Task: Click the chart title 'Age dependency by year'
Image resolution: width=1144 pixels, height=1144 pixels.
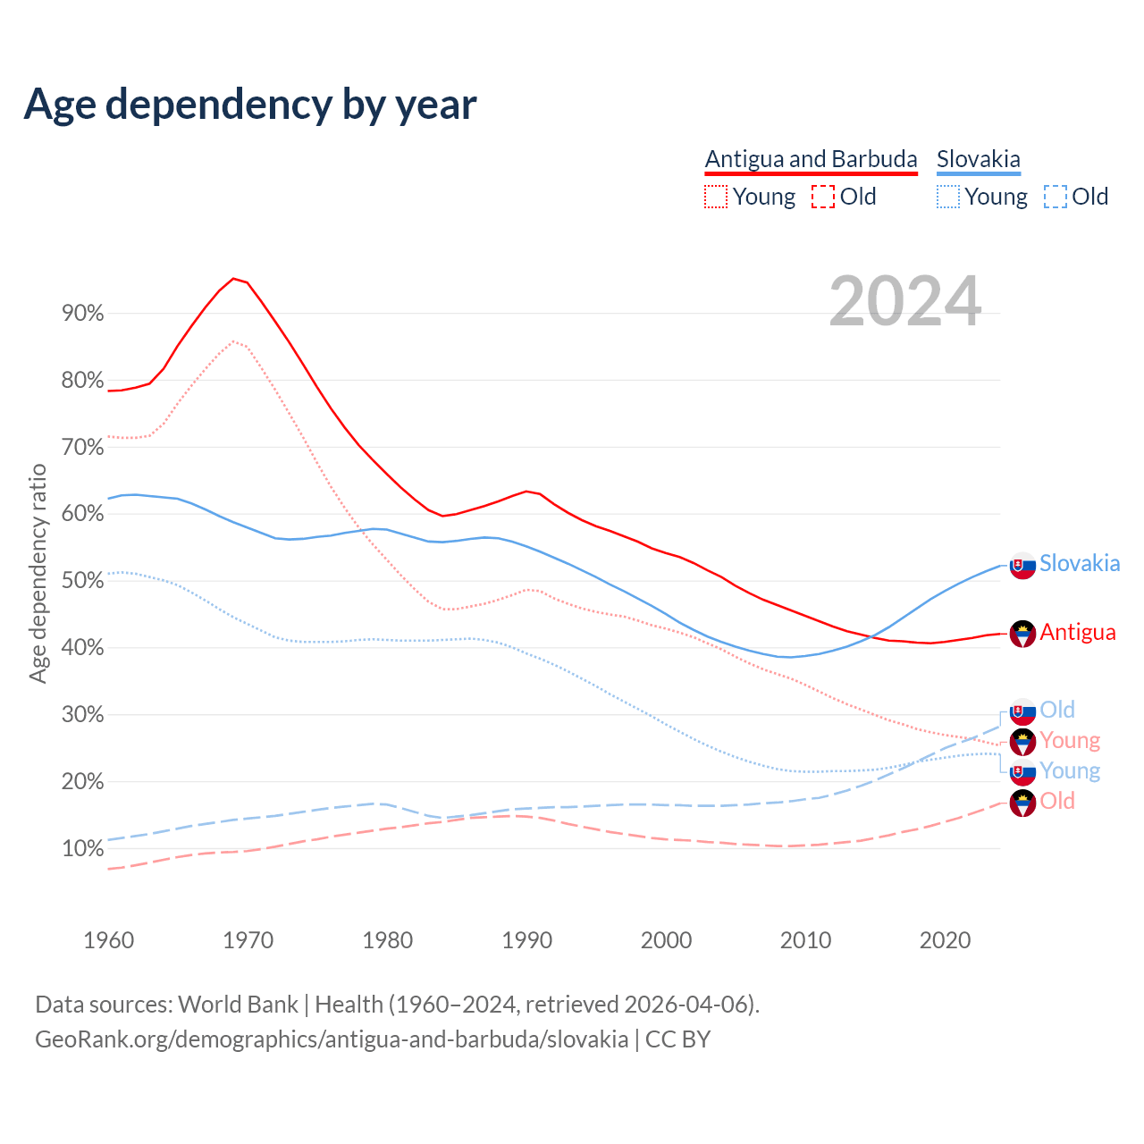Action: click(250, 105)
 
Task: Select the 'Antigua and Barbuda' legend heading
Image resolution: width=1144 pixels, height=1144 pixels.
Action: click(811, 159)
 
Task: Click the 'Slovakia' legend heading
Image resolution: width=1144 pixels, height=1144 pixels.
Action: click(978, 159)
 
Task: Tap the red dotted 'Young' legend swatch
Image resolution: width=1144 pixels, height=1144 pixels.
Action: click(716, 197)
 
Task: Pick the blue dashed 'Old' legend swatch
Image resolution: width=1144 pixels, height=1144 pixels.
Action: click(1056, 197)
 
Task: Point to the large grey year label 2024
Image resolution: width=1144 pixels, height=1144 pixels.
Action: click(904, 301)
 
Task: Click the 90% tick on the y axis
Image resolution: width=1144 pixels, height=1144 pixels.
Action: click(83, 313)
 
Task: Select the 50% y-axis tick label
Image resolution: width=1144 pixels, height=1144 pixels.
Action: click(83, 581)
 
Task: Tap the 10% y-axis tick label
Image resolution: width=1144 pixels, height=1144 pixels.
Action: click(83, 848)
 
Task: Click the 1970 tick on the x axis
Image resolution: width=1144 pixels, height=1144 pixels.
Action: click(248, 940)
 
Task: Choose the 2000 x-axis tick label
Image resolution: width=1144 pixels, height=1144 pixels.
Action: click(666, 940)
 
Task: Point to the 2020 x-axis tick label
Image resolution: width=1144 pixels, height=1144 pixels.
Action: click(945, 940)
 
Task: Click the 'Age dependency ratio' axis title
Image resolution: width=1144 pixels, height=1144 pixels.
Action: click(38, 573)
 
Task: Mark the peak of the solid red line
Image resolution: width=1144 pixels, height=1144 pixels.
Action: click(233, 278)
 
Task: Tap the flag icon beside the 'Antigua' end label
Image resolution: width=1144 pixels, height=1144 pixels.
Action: click(1022, 634)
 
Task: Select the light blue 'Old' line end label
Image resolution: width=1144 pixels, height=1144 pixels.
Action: click(1057, 710)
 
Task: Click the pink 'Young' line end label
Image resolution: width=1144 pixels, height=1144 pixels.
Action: click(1070, 740)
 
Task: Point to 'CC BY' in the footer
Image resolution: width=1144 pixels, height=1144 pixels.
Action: click(677, 1039)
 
